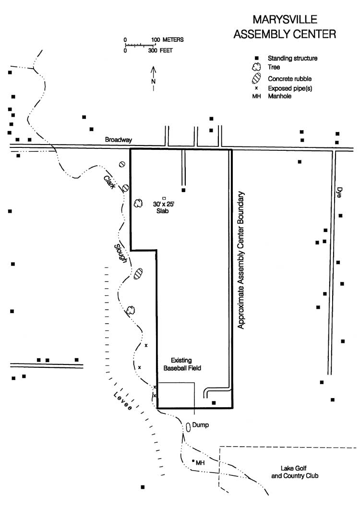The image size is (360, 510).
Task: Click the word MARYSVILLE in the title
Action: click(285, 20)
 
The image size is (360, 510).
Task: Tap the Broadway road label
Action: click(119, 140)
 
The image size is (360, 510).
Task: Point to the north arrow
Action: click(154, 79)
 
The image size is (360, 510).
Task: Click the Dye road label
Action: click(339, 192)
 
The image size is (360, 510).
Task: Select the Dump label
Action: click(200, 425)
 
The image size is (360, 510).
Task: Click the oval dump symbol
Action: click(188, 427)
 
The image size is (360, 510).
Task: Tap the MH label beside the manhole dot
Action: click(200, 462)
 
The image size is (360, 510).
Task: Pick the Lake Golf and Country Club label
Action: click(295, 472)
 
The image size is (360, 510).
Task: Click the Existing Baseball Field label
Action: click(182, 364)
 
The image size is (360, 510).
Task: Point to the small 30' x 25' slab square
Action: click(164, 198)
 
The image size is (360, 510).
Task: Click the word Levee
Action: click(122, 401)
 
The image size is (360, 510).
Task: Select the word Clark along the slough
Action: click(109, 182)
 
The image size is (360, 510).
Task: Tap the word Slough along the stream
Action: click(120, 254)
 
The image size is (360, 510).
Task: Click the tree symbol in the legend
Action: click(257, 67)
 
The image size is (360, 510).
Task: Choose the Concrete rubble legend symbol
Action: click(256, 78)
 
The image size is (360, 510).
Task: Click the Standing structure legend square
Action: click(256, 58)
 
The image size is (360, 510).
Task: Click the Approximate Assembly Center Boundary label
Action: click(240, 260)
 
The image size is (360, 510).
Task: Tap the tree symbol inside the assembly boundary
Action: click(138, 204)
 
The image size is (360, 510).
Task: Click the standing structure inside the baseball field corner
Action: click(214, 402)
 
